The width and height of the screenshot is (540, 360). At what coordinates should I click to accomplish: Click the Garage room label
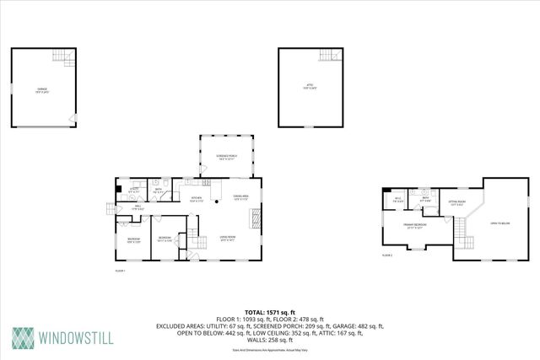coord(41,89)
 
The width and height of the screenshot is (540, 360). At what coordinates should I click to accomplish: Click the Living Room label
coord(228,239)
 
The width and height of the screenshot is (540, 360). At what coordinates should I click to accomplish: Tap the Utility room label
coord(133,191)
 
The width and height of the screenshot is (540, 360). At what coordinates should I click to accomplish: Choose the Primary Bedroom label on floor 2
coord(412,226)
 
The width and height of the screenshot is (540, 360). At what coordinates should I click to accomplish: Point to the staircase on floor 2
coord(461,229)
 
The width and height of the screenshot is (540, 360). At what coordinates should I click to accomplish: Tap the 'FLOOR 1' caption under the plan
coord(120,271)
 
